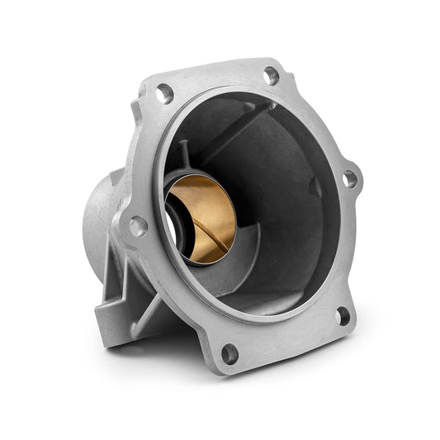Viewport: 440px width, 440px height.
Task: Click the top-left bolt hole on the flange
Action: click(165, 93)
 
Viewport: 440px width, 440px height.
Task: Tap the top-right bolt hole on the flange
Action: click(271, 76)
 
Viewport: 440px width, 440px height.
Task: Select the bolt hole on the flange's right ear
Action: click(350, 177)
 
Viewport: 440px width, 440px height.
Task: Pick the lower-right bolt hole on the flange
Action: click(343, 315)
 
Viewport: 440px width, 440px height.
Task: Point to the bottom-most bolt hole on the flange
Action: click(229, 353)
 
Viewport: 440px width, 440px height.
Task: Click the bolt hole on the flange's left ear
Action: click(138, 225)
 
